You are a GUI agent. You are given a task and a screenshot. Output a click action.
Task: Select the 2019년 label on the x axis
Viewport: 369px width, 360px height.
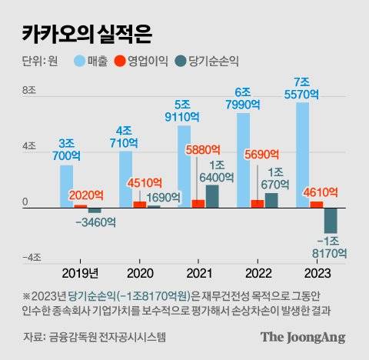(80, 272)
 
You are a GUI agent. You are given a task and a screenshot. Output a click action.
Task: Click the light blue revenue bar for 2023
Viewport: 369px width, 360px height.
(302, 154)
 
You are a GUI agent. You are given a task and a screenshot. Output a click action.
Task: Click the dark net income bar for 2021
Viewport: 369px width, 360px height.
(212, 196)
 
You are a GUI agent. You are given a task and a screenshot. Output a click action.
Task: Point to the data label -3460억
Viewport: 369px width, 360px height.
(95, 223)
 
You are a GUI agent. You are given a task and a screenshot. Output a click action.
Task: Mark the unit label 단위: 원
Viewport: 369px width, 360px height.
(39, 61)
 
